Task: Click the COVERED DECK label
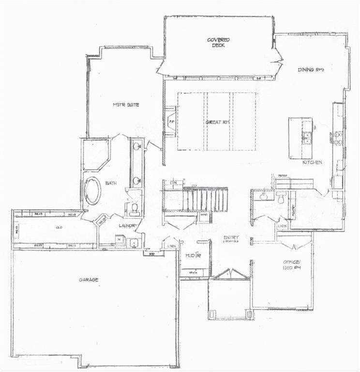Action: [219, 42]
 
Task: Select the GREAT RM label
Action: [217, 122]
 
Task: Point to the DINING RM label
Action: [310, 70]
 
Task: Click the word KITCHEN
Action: [312, 162]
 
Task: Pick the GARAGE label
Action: [89, 279]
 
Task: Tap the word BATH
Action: [112, 183]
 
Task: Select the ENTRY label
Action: [231, 237]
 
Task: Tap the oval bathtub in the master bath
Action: [93, 190]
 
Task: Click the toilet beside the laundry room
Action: [134, 208]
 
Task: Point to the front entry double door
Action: [230, 275]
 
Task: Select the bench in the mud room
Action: [193, 273]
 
